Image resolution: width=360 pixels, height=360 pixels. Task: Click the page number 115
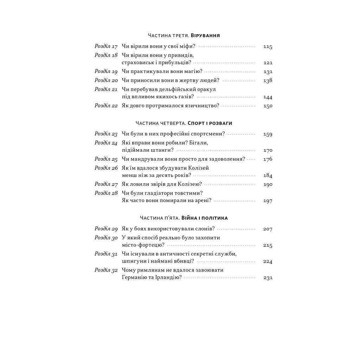(x=268, y=46)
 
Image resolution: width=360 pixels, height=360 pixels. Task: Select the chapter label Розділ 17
(x=106, y=46)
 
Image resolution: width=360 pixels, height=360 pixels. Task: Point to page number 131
(x=268, y=72)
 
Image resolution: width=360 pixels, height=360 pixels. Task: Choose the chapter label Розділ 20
(x=106, y=80)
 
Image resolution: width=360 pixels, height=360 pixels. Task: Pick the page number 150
(x=268, y=106)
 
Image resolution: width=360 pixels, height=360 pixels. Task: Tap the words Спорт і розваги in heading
(x=210, y=123)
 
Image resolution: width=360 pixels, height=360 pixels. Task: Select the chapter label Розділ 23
(x=106, y=134)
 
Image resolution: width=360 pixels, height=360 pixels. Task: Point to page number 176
(x=268, y=159)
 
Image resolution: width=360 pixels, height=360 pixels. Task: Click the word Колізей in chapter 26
(x=199, y=168)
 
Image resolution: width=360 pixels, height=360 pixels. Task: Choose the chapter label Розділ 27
(x=106, y=184)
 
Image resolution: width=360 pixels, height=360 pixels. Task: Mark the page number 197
(x=268, y=201)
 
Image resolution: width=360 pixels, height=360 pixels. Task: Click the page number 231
(x=268, y=277)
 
